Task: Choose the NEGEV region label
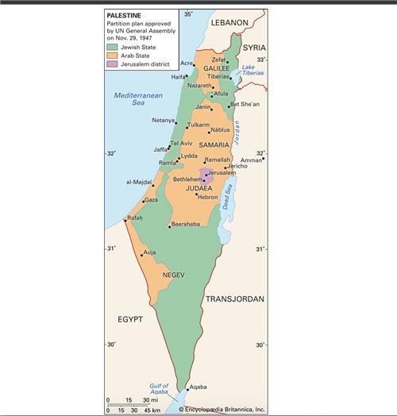tap(173, 275)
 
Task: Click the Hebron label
tap(207, 196)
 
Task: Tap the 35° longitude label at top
tap(188, 14)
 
